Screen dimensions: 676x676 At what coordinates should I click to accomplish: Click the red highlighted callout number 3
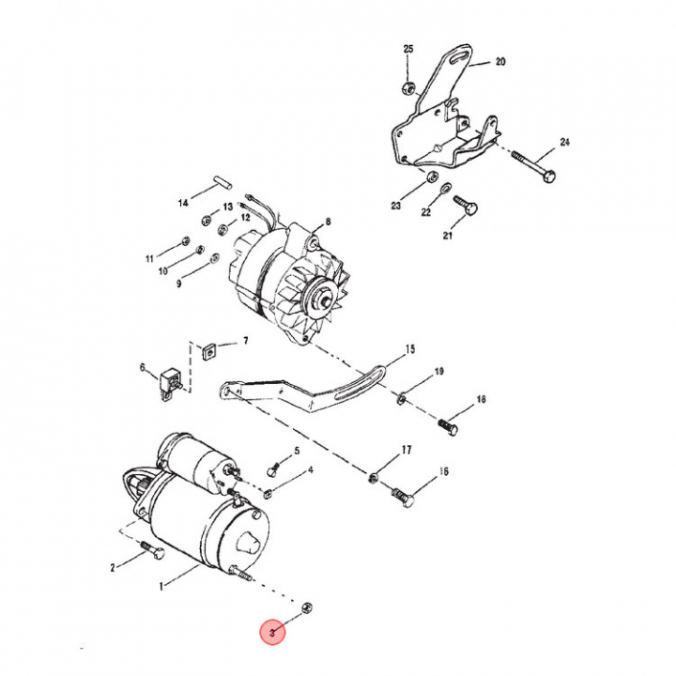tap(272, 633)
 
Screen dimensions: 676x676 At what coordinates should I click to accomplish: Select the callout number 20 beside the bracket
tap(500, 62)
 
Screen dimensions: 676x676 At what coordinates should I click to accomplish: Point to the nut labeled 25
tap(408, 88)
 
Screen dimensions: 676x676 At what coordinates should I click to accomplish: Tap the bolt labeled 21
tap(466, 206)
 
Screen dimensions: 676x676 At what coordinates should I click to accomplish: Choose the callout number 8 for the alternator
tap(328, 222)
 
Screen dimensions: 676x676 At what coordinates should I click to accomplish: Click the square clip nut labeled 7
tap(208, 352)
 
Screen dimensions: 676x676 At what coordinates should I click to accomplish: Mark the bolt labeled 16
tap(404, 497)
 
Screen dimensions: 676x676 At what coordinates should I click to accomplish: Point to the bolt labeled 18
tap(448, 428)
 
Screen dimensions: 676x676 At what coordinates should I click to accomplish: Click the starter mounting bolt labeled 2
tap(152, 549)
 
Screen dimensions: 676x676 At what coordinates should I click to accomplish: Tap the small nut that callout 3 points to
tap(307, 607)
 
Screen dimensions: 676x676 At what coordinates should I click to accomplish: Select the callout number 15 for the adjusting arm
tap(410, 348)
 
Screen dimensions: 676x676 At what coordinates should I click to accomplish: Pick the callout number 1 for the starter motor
tap(161, 586)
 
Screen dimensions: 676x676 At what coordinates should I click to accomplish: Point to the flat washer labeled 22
tap(446, 188)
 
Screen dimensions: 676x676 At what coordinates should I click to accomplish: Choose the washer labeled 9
tap(214, 259)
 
